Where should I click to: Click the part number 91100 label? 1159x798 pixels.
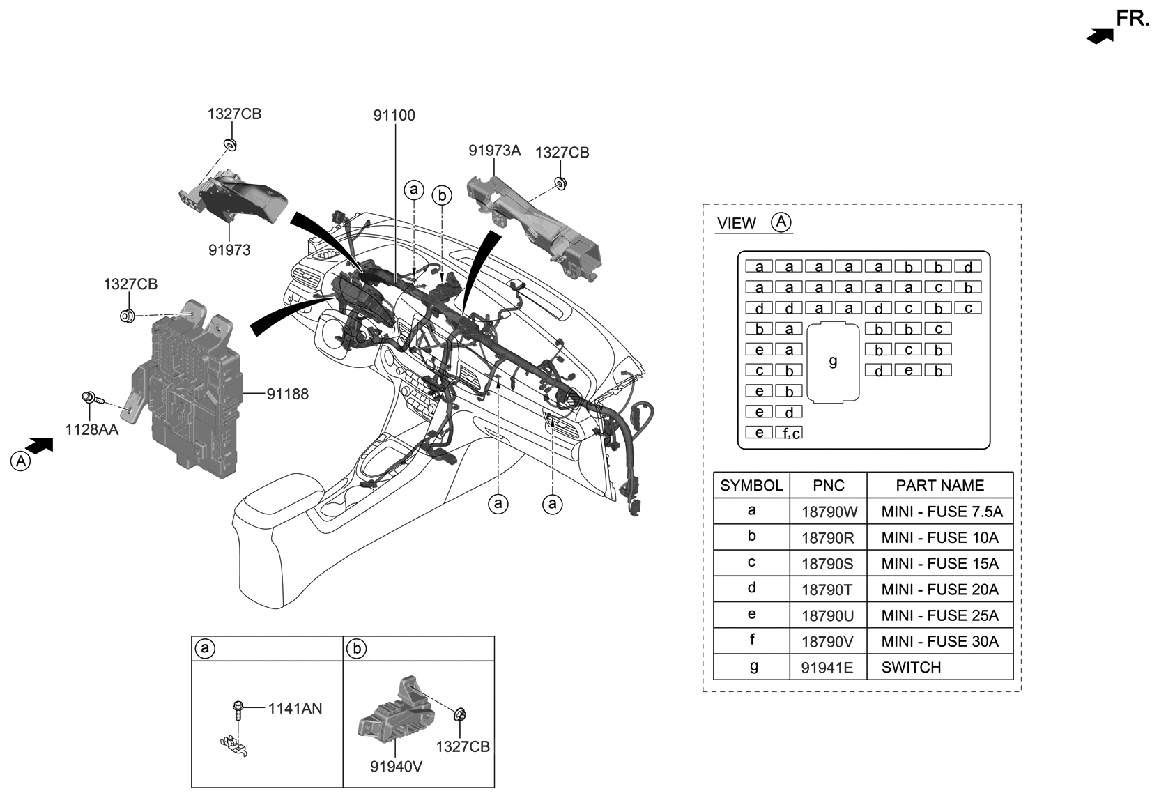pyautogui.click(x=394, y=116)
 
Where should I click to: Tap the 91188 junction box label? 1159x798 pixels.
pyautogui.click(x=287, y=394)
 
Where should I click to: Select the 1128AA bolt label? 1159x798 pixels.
pyautogui.click(x=91, y=430)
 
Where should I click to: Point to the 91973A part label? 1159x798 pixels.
pyautogui.click(x=494, y=151)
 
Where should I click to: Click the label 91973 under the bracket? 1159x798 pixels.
pyautogui.click(x=229, y=250)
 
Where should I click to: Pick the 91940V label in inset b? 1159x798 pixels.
pyautogui.click(x=396, y=767)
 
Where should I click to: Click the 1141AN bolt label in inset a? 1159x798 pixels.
pyautogui.click(x=295, y=709)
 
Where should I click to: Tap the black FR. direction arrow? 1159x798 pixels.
pyautogui.click(x=1100, y=36)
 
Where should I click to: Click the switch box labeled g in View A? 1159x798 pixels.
pyautogui.click(x=833, y=362)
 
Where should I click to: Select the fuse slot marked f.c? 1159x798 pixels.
pyautogui.click(x=789, y=433)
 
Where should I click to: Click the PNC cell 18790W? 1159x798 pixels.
pyautogui.click(x=829, y=512)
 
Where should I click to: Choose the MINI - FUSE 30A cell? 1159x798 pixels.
pyautogui.click(x=939, y=641)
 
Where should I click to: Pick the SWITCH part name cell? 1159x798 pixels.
pyautogui.click(x=911, y=668)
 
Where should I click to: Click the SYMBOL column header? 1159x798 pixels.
pyautogui.click(x=751, y=486)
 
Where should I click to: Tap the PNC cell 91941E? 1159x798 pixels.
pyautogui.click(x=827, y=668)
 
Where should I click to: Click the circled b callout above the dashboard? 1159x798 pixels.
pyautogui.click(x=442, y=196)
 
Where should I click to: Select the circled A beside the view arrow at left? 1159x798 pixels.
pyautogui.click(x=21, y=461)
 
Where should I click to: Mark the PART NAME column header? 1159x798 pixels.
pyautogui.click(x=939, y=486)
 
